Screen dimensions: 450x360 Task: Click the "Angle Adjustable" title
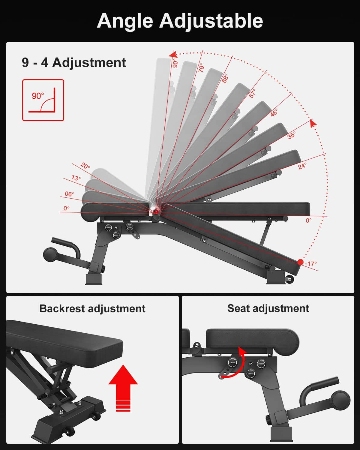(x=180, y=21)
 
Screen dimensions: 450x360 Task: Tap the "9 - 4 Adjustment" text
(x=74, y=63)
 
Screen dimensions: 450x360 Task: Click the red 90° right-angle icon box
(x=43, y=100)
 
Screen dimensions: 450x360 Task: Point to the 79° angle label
(x=201, y=68)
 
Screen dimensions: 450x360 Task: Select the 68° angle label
(x=225, y=78)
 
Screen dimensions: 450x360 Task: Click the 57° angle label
(x=252, y=93)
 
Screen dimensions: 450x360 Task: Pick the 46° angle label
(x=274, y=112)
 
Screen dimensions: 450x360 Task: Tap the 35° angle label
(x=291, y=135)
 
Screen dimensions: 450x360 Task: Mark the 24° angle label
(x=302, y=166)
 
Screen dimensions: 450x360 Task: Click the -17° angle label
(x=311, y=264)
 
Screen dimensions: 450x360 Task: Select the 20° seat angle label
(x=85, y=166)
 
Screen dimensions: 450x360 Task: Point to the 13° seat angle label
(x=76, y=178)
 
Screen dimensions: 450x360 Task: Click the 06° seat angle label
(x=70, y=194)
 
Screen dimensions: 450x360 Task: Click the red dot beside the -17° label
(x=300, y=262)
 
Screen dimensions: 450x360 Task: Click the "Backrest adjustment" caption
(x=92, y=308)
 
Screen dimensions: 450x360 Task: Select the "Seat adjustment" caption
(x=268, y=308)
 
